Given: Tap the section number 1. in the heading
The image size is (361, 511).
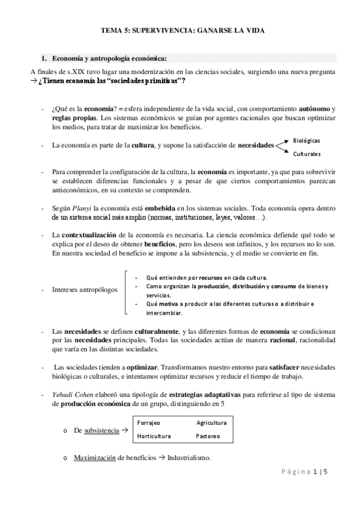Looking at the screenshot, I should point(43,58).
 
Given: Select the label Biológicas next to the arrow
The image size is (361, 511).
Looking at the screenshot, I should point(306,140).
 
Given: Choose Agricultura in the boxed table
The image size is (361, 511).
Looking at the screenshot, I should point(212,422).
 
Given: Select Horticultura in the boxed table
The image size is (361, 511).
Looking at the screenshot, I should point(154,436).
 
